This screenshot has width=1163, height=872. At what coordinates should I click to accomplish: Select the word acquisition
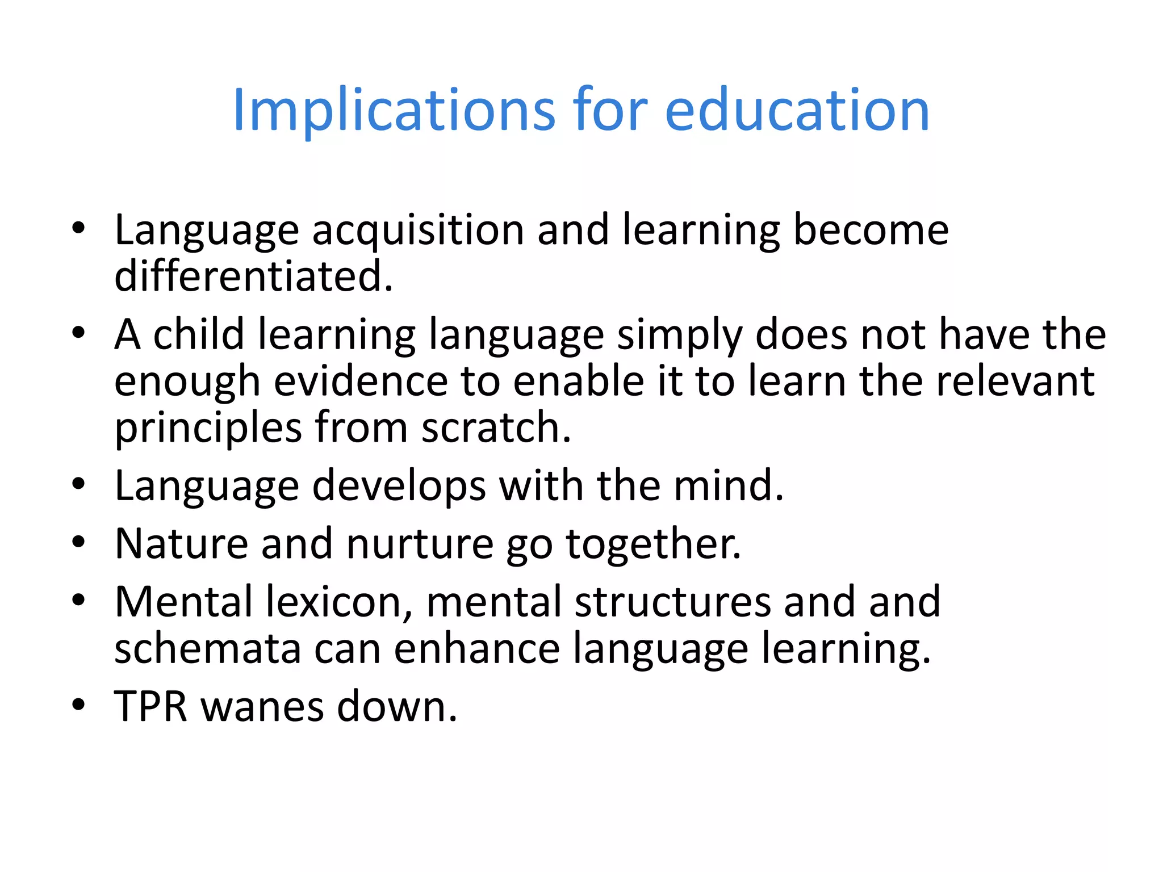point(418,230)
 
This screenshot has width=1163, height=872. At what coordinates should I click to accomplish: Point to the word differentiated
point(253,276)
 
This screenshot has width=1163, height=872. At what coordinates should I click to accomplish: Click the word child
point(199,334)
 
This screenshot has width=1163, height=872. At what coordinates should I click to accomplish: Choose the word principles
point(208,429)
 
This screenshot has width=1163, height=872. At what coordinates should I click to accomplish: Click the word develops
point(399,487)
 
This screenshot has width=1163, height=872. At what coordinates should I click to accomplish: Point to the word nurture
point(420,544)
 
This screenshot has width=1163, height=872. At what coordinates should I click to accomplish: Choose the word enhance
point(476,648)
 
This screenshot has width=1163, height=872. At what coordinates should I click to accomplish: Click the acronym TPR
point(151,707)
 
